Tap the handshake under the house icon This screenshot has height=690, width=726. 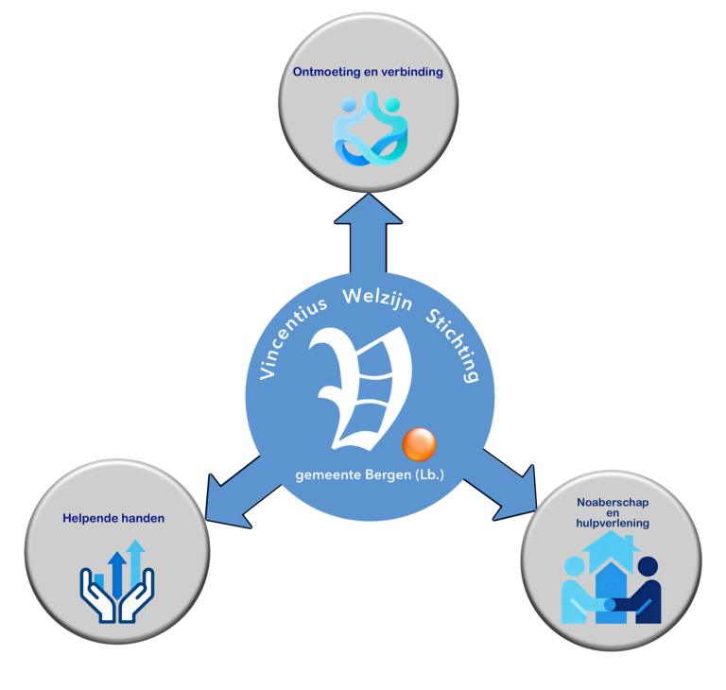point(611,602)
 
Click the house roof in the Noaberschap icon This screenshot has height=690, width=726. point(611,545)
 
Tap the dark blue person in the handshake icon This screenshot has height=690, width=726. point(646,590)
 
